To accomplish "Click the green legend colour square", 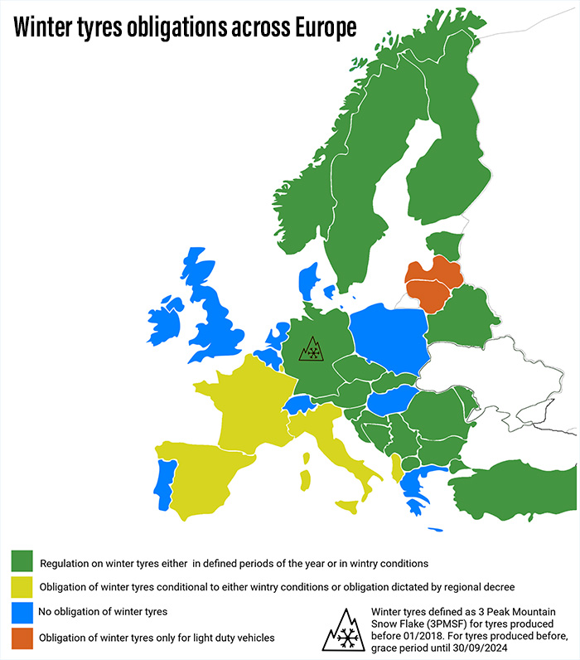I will pyautogui.click(x=22, y=563).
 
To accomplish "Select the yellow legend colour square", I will pyautogui.click(x=22, y=588).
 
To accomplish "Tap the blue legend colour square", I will pyautogui.click(x=22, y=613).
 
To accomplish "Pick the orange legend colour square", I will pyautogui.click(x=22, y=637).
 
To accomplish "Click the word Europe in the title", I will pyautogui.click(x=319, y=27).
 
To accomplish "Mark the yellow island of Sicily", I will pyautogui.click(x=347, y=505).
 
